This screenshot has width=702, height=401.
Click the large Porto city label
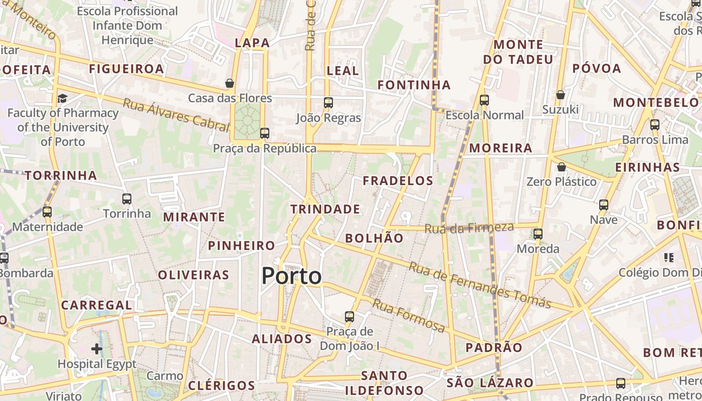tap(291, 276)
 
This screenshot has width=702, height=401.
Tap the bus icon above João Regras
tap(328, 103)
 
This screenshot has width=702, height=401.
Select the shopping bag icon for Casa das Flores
tap(230, 83)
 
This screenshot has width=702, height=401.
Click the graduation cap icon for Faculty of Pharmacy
tap(62, 98)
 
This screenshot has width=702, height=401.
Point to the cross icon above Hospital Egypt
tap(97, 348)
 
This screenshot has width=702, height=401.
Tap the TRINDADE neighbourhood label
tap(325, 209)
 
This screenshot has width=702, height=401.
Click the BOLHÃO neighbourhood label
tap(374, 238)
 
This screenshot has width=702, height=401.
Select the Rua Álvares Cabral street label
tap(175, 115)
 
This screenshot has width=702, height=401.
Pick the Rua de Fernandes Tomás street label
tap(480, 284)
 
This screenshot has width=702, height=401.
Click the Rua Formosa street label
tap(409, 315)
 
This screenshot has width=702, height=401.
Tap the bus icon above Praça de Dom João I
tap(349, 317)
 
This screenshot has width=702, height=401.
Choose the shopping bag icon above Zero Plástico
tap(562, 166)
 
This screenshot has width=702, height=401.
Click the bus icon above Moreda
tap(538, 234)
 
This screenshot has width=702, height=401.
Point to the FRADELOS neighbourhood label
tap(398, 181)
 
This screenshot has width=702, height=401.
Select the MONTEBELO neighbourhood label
tap(656, 103)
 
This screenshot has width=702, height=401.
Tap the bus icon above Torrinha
tap(127, 199)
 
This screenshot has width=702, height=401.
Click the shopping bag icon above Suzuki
tap(561, 94)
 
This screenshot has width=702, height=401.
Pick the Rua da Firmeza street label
tap(469, 228)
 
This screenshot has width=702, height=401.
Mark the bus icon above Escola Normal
tap(484, 100)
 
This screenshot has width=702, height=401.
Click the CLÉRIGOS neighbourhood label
tap(222, 385)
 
